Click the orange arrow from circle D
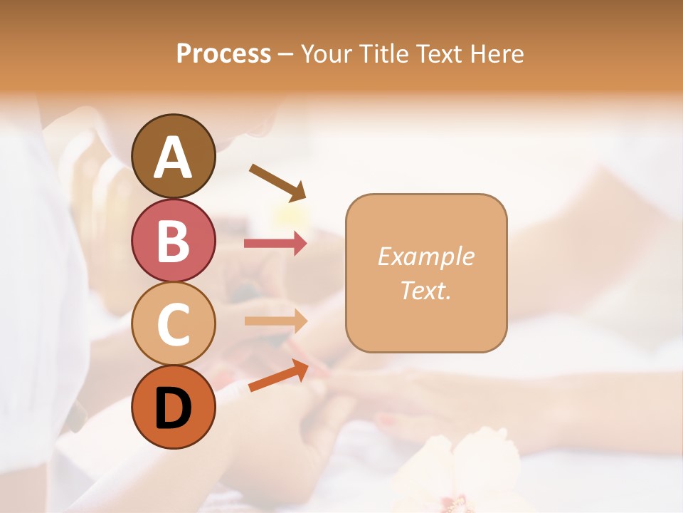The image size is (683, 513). pyautogui.click(x=278, y=377)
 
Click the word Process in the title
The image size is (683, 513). pyautogui.click(x=223, y=54)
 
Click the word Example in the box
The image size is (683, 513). pyautogui.click(x=425, y=256)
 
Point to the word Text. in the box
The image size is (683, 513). pyautogui.click(x=425, y=290)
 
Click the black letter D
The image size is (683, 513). pyautogui.click(x=173, y=408)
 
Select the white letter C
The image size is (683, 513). pyautogui.click(x=173, y=325)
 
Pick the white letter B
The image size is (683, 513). pyautogui.click(x=173, y=241)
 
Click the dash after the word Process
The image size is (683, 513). pyautogui.click(x=286, y=54)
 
